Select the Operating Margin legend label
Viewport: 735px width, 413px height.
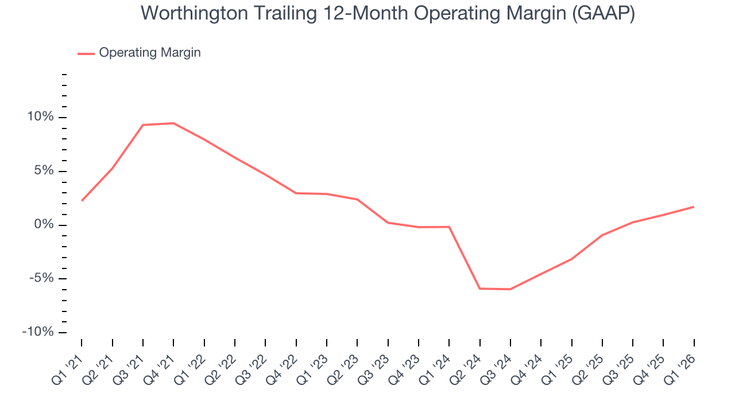coord(150,53)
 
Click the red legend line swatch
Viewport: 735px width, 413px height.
coord(86,53)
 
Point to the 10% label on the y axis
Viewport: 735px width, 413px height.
coord(40,117)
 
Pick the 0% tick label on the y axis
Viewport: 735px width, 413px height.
coord(44,225)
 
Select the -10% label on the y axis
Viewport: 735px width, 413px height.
coord(38,333)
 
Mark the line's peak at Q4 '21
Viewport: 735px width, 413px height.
coord(173,123)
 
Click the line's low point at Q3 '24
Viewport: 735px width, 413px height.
coord(510,289)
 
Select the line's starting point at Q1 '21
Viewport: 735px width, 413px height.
coord(82,201)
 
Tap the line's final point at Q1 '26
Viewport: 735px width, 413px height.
coord(694,206)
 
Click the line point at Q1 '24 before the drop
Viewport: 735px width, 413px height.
coord(449,227)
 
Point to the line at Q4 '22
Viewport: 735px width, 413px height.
coord(296,193)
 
